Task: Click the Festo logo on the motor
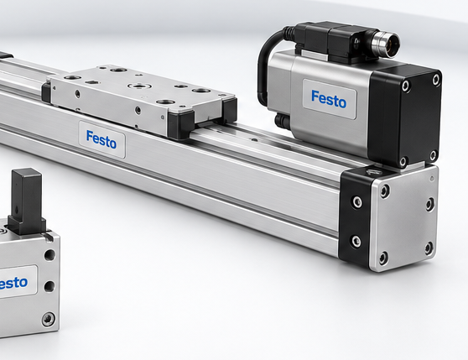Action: tap(329, 99)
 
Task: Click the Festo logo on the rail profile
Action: tap(101, 139)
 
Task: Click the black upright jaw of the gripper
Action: tap(27, 201)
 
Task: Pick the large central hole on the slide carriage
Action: tap(138, 86)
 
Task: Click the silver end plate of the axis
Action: tap(403, 219)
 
